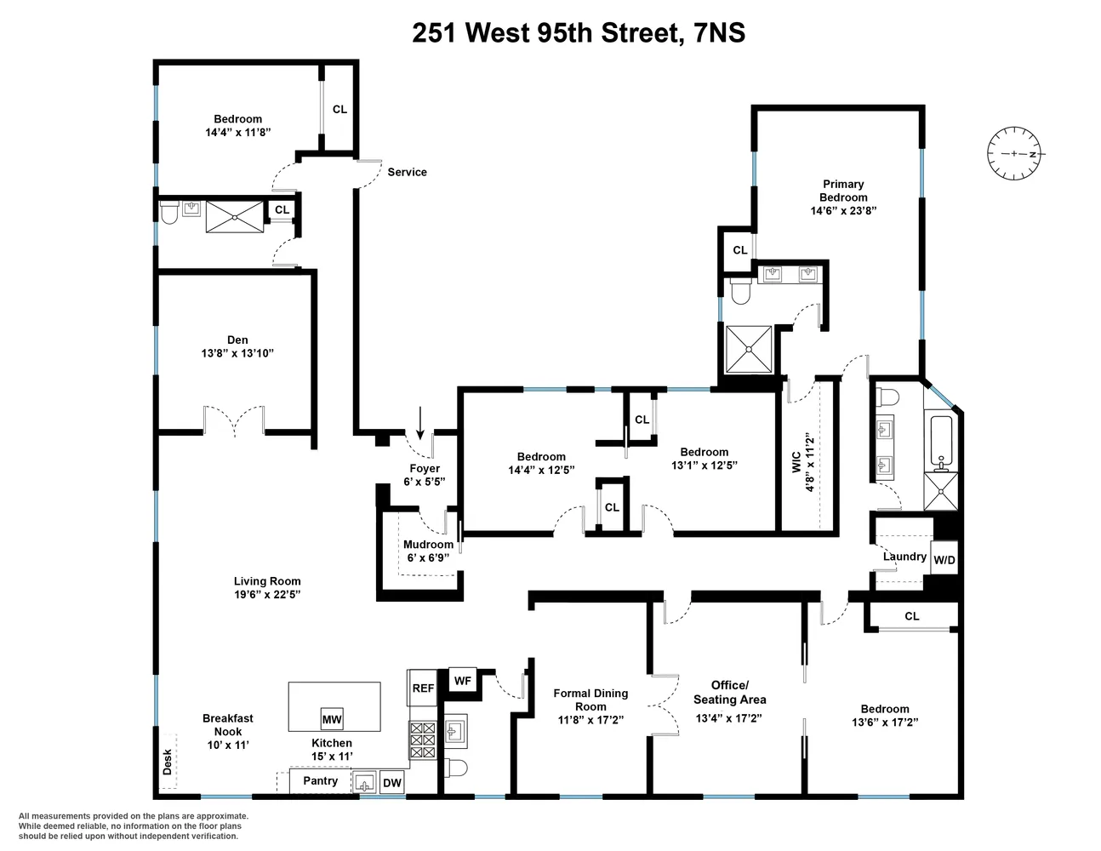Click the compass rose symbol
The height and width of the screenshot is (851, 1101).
tap(1014, 154)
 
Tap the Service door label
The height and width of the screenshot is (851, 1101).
tap(407, 172)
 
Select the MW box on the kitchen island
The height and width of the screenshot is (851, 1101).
tap(332, 719)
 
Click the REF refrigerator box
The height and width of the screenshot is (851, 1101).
tap(423, 688)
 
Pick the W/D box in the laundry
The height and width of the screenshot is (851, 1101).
tap(944, 560)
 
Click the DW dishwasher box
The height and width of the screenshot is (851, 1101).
tap(391, 783)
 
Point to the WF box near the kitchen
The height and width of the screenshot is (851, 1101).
tap(462, 681)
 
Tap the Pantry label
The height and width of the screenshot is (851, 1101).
tap(320, 780)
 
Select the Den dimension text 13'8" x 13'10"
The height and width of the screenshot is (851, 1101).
tap(237, 353)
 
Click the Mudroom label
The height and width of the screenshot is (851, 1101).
tap(428, 545)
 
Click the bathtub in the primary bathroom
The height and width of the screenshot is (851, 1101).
tap(941, 443)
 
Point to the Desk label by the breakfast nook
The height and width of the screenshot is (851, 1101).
tap(168, 761)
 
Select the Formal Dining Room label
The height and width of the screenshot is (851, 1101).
tap(590, 700)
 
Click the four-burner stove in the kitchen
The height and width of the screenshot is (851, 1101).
tap(423, 740)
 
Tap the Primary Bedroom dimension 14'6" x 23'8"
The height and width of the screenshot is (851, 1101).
tap(842, 210)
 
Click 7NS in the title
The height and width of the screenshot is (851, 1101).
tap(716, 32)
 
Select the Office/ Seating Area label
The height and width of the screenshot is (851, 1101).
tap(729, 692)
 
